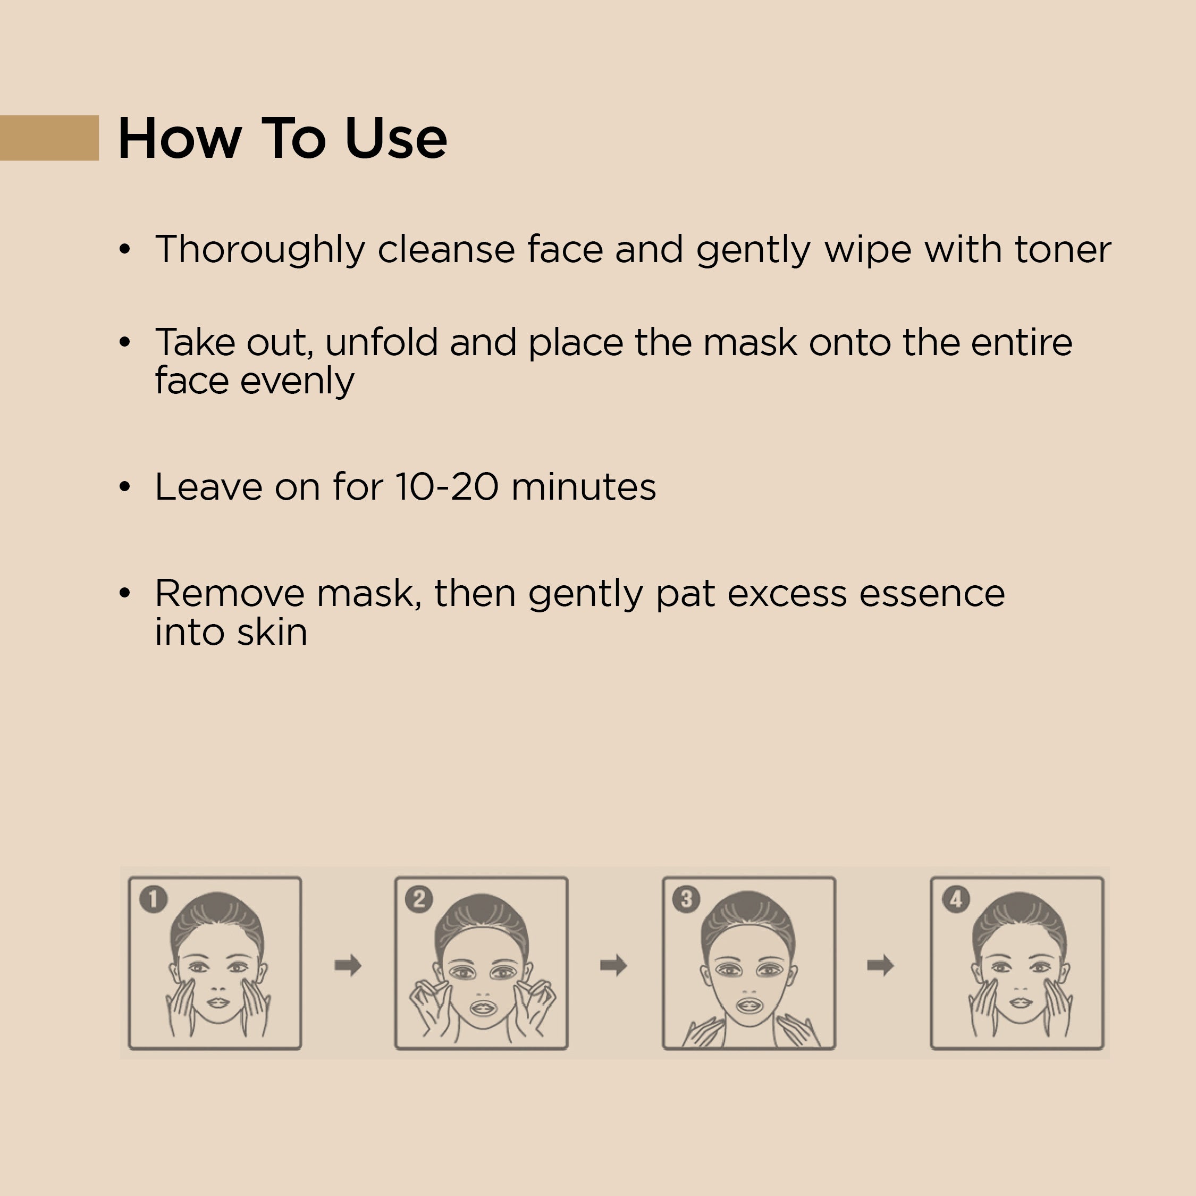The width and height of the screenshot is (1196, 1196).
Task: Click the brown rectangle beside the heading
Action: pyautogui.click(x=49, y=138)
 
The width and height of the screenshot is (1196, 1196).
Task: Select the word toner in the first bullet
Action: pyautogui.click(x=1063, y=250)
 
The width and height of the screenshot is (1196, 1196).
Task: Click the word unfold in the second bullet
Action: pyautogui.click(x=381, y=342)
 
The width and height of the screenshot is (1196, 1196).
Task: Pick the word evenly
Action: pyautogui.click(x=297, y=381)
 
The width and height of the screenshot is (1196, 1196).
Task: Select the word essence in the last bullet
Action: pyautogui.click(x=932, y=594)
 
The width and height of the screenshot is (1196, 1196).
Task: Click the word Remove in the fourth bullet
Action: pyautogui.click(x=230, y=594)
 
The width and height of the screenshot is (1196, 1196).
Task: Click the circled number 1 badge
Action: pyautogui.click(x=154, y=899)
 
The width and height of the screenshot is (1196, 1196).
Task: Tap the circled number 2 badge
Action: pyautogui.click(x=419, y=899)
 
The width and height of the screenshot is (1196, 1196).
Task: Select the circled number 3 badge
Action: pyautogui.click(x=686, y=899)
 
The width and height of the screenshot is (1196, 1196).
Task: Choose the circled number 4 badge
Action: pyautogui.click(x=955, y=899)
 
